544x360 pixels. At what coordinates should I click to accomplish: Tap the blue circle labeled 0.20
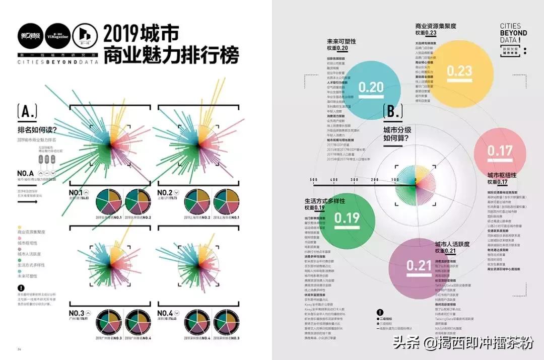coord(371,87)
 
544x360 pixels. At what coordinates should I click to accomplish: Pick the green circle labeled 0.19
coord(347,218)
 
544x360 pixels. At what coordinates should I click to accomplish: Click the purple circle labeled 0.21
coord(419,265)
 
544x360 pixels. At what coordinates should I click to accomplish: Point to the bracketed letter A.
coord(27,111)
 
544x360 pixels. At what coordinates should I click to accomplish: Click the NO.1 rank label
coord(76,192)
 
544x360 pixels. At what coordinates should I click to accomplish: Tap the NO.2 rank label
coord(165,192)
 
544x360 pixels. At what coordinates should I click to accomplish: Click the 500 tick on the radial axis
coord(313,180)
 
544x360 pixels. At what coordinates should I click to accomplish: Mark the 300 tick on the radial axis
coord(354,180)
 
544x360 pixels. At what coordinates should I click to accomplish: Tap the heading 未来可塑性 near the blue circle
coord(341,41)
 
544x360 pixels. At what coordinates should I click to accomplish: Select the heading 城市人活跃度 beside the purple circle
coord(452,244)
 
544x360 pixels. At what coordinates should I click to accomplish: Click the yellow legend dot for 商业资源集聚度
coord(19,228)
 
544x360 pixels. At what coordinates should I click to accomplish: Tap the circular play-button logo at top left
coord(84,34)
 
